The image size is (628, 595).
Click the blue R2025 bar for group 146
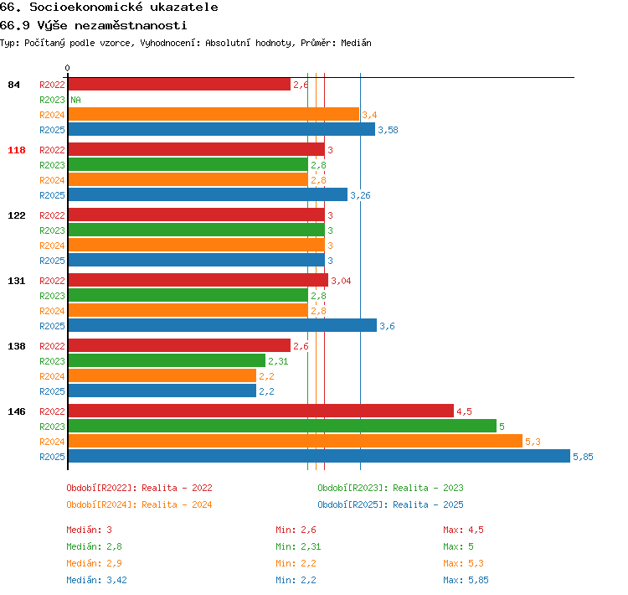point(319,456)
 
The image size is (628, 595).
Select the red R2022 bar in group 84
point(179,84)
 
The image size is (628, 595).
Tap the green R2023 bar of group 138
point(167,360)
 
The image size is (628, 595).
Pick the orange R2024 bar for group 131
point(188,310)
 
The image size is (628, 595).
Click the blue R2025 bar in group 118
point(208,195)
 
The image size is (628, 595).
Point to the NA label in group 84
point(75,100)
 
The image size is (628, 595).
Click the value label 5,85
point(583,457)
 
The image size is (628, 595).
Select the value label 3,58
point(388,130)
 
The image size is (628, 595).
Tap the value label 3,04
point(341,281)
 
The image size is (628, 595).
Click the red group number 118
point(17,150)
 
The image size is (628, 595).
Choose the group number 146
point(17,411)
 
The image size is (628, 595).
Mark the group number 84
point(13,85)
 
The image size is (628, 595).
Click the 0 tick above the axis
point(67,68)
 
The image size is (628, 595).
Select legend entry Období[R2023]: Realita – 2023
point(390,488)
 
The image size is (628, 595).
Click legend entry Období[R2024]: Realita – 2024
point(139,504)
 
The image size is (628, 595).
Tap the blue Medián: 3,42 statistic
point(96,580)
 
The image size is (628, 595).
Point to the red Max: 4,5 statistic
point(463,530)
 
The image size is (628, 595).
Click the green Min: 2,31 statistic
point(298,546)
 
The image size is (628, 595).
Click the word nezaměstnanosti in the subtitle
point(131,26)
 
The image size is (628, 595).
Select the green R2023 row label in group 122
point(52,230)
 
